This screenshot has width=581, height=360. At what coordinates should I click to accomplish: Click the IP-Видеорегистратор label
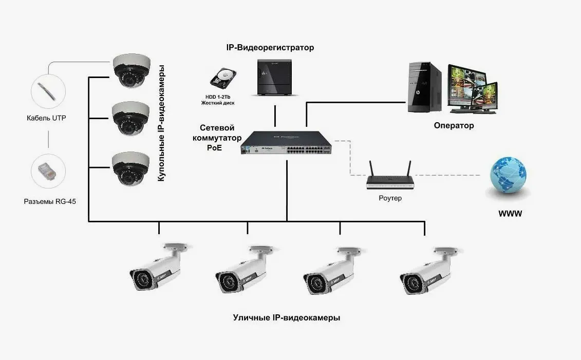[270, 48]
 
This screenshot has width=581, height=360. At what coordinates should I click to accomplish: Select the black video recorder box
[275, 77]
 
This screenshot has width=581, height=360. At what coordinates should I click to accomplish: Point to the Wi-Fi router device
[390, 178]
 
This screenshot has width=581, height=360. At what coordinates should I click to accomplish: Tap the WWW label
[510, 213]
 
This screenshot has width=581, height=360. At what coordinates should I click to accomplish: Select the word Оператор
[454, 125]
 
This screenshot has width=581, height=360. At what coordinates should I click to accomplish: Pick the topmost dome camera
[132, 70]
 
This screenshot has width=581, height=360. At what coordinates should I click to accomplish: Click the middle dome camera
[131, 118]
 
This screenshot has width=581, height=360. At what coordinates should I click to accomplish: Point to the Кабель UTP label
[46, 118]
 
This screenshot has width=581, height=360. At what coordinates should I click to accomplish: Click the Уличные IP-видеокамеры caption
[286, 318]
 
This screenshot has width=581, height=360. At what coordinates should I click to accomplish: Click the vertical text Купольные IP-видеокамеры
[161, 123]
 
